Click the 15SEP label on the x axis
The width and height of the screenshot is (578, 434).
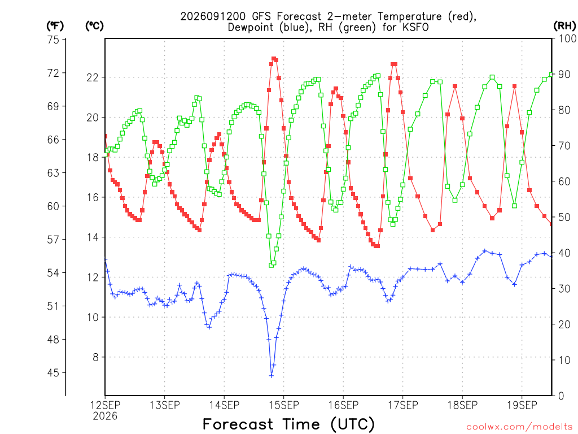[283, 405]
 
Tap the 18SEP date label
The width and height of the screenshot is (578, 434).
[462, 405]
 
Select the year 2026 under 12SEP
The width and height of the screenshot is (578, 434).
[105, 416]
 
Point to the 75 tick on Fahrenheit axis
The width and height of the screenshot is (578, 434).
[53, 40]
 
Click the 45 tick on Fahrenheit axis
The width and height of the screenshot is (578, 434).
[53, 373]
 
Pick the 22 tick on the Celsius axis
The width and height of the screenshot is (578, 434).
[93, 77]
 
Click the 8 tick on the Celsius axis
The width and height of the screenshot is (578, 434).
[96, 357]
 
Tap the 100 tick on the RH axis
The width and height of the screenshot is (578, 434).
[567, 38]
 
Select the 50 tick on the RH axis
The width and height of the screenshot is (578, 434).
[564, 217]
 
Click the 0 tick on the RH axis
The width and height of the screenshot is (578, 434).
[561, 396]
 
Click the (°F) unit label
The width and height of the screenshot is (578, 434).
[55, 26]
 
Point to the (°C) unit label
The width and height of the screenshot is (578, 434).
[94, 26]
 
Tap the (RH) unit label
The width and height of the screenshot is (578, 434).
[564, 26]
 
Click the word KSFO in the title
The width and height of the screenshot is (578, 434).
[415, 27]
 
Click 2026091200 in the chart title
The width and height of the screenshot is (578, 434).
[213, 16]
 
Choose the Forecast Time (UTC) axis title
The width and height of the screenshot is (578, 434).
[288, 424]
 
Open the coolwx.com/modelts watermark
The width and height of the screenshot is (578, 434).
[520, 427]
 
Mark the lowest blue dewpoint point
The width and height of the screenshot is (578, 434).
[272, 376]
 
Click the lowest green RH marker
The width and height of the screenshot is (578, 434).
[272, 265]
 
